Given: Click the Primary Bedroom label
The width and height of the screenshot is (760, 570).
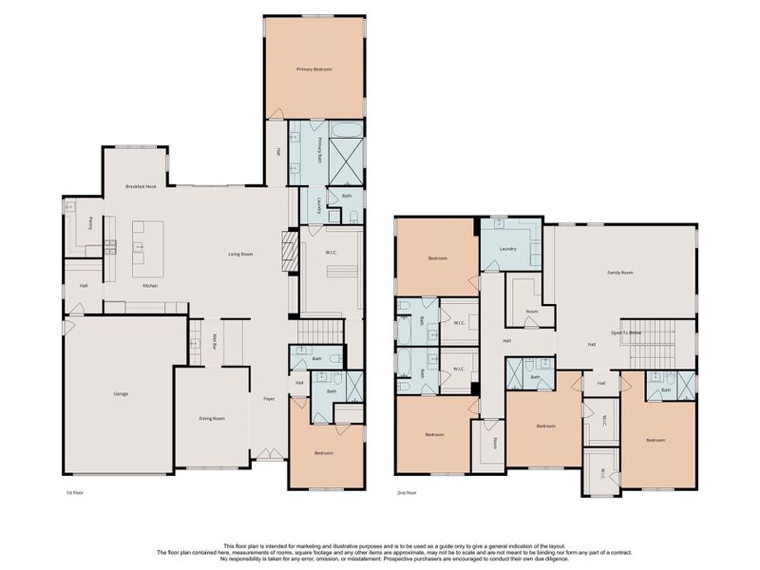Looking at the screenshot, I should coord(313,69).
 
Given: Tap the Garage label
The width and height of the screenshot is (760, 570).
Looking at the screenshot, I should coord(121,393).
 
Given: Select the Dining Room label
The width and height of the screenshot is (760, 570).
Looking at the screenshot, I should coord(212,418).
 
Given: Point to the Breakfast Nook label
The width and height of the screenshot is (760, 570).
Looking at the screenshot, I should coord(141,187).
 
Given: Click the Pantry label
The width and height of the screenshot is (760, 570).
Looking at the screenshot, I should coord(90,223).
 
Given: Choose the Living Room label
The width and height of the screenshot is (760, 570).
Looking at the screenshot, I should coord(239,254).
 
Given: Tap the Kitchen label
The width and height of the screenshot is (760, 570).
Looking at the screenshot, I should coord(150,286).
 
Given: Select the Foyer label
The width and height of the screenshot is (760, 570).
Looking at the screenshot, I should coord(269,398).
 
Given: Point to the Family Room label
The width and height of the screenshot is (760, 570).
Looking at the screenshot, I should coord(620,273).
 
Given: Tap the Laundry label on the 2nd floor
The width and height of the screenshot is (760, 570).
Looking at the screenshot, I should coord(506,249).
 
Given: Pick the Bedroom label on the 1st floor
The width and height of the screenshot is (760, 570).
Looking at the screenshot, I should coord(324,453).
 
